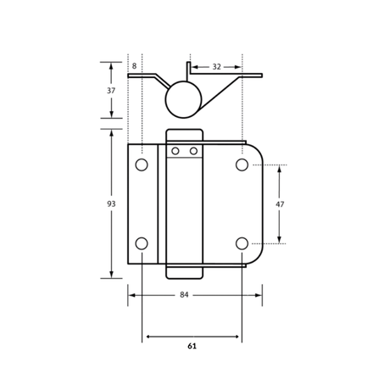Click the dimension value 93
coord(111,203)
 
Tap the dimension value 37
coord(111,91)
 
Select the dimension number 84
coord(184,295)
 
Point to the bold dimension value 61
coord(192,346)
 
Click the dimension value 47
coord(280,204)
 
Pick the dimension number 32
coord(216,67)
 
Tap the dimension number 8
coord(134,66)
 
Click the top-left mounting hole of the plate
coord(142,164)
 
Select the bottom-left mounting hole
coord(142,243)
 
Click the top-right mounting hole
coord(242,164)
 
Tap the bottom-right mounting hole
coord(242,243)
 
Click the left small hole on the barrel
coord(175,151)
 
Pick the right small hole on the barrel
coord(193,151)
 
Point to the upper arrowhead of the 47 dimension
coord(279,169)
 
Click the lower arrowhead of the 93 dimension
coord(111,275)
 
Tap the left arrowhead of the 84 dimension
coord(132,295)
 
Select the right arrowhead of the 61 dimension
coord(237,337)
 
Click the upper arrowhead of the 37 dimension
coord(111,66)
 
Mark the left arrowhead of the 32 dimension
coord(195,67)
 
